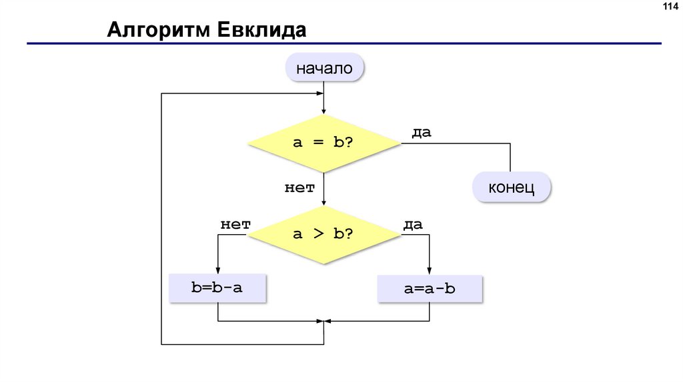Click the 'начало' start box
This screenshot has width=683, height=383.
coord(324,67)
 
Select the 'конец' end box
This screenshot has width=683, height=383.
coord(512,187)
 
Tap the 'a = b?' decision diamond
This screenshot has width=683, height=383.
coord(323,142)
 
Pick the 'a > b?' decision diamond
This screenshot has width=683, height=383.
coord(323,234)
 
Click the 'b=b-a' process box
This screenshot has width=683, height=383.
coord(217,288)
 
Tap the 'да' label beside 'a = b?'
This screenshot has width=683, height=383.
coord(421,132)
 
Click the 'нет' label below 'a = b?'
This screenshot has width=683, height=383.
coord(299,188)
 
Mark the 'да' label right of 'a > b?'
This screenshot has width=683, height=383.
coord(413,225)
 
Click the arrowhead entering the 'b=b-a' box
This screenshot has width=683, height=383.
coord(218,270)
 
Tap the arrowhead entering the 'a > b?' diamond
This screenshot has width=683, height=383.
coord(323,202)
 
